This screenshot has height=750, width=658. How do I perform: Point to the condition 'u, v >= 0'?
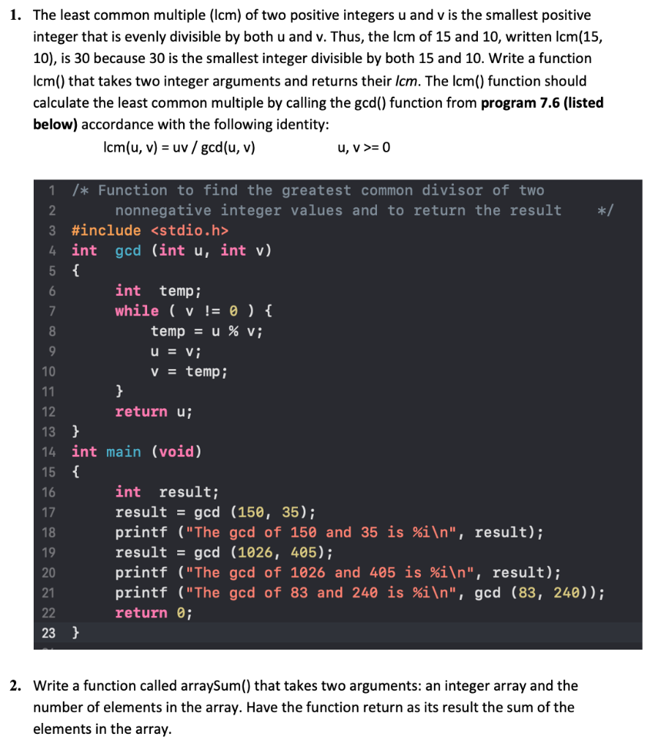[364, 147]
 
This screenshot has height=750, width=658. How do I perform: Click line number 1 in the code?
[52, 190]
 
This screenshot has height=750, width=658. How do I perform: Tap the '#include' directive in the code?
[106, 231]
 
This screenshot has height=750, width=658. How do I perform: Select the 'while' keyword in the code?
[137, 311]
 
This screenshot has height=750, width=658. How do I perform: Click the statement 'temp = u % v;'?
[206, 331]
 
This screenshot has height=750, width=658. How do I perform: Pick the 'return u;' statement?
[154, 412]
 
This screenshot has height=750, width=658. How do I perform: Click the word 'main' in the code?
[124, 452]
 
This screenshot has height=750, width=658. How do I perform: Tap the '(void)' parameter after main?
[176, 452]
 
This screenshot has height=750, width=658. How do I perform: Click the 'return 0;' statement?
[154, 612]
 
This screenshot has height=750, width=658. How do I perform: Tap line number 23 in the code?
[49, 632]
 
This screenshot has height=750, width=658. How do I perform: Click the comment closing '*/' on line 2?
[606, 211]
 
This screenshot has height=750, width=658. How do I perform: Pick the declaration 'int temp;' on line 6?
[158, 291]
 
